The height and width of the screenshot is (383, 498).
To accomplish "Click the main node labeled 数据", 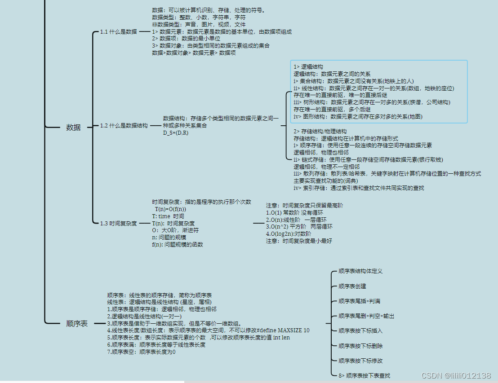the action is pos(73,127).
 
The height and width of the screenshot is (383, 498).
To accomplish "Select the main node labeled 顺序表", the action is pos(77,323).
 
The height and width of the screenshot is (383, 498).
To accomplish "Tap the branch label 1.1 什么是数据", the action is pos(119,32).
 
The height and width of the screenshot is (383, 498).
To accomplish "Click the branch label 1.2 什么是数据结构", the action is pos(124,126).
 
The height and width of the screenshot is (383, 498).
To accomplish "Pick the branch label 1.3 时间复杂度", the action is pos(119,223).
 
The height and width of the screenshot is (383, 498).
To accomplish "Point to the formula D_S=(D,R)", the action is pos(176,133).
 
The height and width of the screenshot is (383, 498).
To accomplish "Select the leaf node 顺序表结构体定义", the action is pos(360,271).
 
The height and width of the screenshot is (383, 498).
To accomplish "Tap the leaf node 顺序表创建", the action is pos(352,286).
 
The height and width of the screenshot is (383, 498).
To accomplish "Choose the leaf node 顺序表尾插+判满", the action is pos(359,301).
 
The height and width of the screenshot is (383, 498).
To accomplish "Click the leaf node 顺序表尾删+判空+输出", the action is pos(366,316).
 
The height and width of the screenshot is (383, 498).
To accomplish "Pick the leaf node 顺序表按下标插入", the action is pos(360,331).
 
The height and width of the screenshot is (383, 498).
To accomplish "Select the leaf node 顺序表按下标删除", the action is pos(360,346).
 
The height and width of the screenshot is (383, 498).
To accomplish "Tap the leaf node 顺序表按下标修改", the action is pos(360,361).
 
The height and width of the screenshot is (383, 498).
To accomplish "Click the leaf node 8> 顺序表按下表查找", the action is pos(364,376).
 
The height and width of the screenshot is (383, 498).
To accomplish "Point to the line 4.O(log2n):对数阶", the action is pos(288,234).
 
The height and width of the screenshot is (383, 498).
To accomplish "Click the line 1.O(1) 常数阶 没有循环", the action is pos(294,212).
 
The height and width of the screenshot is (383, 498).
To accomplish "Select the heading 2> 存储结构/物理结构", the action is pos(320,132).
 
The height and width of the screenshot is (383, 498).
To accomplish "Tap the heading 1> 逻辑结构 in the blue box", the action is pos(308,67).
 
